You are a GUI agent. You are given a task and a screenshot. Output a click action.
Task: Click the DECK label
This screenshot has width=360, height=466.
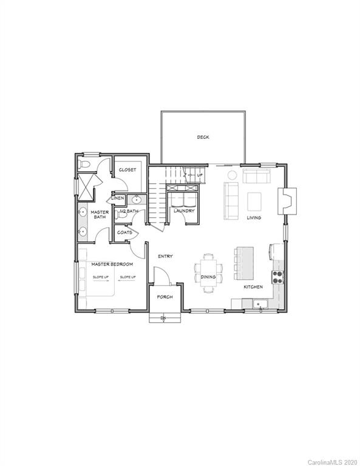coord(203,137)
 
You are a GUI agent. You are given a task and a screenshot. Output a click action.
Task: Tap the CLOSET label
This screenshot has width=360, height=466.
coord(127,170)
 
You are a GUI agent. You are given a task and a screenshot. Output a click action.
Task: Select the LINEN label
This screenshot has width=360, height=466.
coord(117,198)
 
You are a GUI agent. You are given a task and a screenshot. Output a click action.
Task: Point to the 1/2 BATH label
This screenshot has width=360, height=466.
coord(129,211)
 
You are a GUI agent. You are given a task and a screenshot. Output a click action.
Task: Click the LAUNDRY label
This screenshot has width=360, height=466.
coord(183,211)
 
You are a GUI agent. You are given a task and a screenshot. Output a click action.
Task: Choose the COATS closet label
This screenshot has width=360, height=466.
coord(124,232)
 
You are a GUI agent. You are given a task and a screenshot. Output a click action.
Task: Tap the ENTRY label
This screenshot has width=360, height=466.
coord(165,257)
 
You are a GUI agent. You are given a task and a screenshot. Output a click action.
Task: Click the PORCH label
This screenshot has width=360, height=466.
coord(165,297)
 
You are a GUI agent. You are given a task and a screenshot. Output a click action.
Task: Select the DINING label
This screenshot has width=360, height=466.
coord(208,277)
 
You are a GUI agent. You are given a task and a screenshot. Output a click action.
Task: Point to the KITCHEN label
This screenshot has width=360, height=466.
coord(253,286)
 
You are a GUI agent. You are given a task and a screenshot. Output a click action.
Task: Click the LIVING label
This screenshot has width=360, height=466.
coord(254,218)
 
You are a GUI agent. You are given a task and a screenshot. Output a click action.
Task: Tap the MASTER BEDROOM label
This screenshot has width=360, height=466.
coord(112,265)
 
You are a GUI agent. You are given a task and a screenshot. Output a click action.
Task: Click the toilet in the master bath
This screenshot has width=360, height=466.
coord(84,164)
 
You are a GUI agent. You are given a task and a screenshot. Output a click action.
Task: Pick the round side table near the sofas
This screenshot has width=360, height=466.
coord(232,175)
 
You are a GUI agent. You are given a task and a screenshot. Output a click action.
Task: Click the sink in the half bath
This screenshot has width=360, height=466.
coord(137,199)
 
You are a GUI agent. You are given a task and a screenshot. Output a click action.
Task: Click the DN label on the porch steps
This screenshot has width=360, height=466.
coord(163,318)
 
